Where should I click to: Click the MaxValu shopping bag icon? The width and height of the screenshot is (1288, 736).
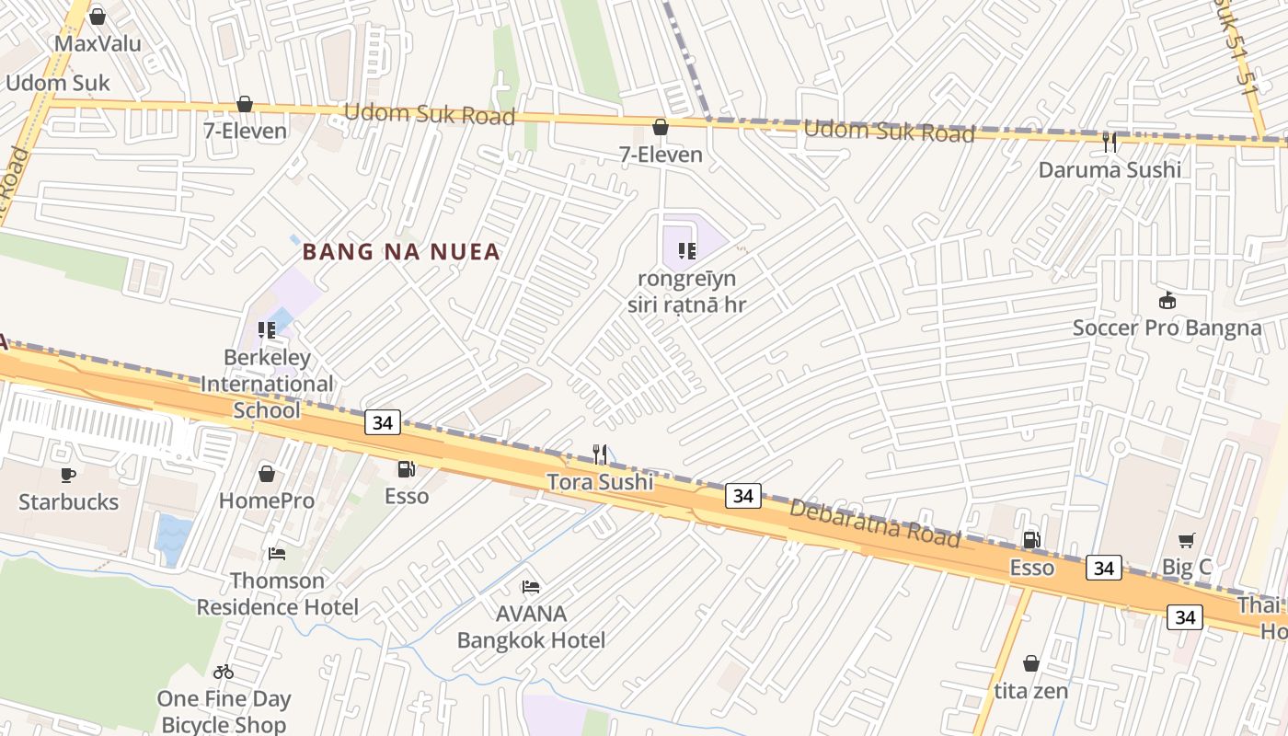click(x=98, y=17)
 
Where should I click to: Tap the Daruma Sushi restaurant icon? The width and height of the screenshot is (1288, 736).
click(x=1110, y=142)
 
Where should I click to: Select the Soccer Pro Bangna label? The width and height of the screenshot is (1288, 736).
click(x=1167, y=328)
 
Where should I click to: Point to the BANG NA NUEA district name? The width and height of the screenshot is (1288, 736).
click(x=401, y=251)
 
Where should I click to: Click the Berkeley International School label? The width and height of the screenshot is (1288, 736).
click(x=267, y=384)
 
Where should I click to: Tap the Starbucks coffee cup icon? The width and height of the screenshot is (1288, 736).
click(x=68, y=475)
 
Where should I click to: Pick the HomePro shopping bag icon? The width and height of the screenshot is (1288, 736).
click(x=267, y=474)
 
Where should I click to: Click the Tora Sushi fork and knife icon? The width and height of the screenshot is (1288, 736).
click(x=600, y=454)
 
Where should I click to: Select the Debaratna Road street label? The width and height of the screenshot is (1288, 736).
click(x=875, y=523)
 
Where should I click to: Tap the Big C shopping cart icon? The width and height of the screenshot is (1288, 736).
click(x=1187, y=541)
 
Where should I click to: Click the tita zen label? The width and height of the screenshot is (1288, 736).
click(x=1031, y=690)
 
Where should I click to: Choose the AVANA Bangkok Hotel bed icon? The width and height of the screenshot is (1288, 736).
click(x=531, y=587)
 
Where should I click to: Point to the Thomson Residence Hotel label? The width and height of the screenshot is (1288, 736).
click(x=277, y=593)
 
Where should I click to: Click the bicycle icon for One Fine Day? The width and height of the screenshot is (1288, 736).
click(x=224, y=672)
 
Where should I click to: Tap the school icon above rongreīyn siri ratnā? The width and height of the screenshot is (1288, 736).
click(x=686, y=251)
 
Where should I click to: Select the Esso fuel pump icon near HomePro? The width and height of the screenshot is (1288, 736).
click(x=406, y=469)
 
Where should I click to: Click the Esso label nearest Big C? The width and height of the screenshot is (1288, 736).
click(x=1032, y=568)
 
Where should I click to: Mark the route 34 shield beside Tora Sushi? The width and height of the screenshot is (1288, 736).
click(x=743, y=496)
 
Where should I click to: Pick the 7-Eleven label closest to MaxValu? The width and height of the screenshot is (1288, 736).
click(x=245, y=131)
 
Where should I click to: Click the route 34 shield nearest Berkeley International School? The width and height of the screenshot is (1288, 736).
click(x=382, y=422)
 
